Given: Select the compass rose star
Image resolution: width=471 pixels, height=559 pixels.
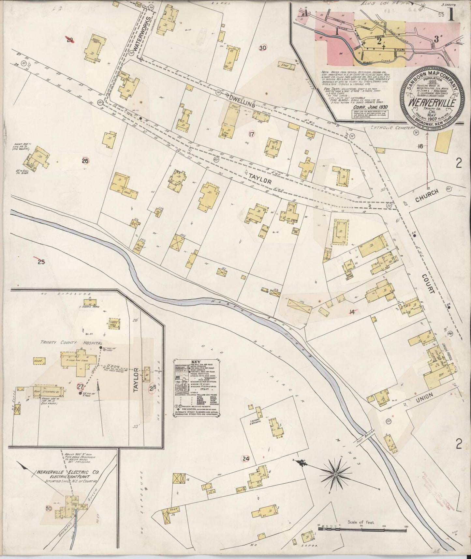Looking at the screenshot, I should point(335,473).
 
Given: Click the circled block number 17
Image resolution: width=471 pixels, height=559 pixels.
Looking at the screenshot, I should point(251,134).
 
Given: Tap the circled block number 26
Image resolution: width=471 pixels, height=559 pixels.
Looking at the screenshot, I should point(85,161).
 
